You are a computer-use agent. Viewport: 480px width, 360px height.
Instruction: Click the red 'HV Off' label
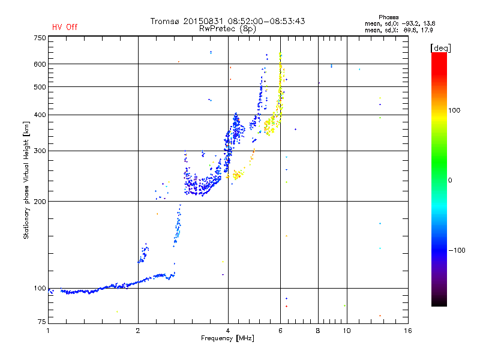pyautogui.click(x=65, y=27)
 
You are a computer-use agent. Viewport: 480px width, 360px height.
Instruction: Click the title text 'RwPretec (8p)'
pyautogui.click(x=227, y=28)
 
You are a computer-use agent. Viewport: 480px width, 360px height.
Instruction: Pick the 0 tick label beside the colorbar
pyautogui.click(x=451, y=180)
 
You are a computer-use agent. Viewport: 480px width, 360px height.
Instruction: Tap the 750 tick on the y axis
pyautogui.click(x=40, y=38)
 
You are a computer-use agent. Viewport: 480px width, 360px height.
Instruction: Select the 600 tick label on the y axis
pyautogui.click(x=40, y=64)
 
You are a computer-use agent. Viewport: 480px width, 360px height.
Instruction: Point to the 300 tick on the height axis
pyautogui.click(x=40, y=151)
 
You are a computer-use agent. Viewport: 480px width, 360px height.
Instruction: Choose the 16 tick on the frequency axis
pyautogui.click(x=407, y=331)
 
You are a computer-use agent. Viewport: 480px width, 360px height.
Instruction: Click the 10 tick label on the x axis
pyautogui.click(x=346, y=331)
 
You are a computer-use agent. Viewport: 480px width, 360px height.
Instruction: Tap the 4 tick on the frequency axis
pyautogui.click(x=228, y=331)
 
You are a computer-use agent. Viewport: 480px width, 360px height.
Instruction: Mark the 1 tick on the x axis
pyautogui.click(x=49, y=331)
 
